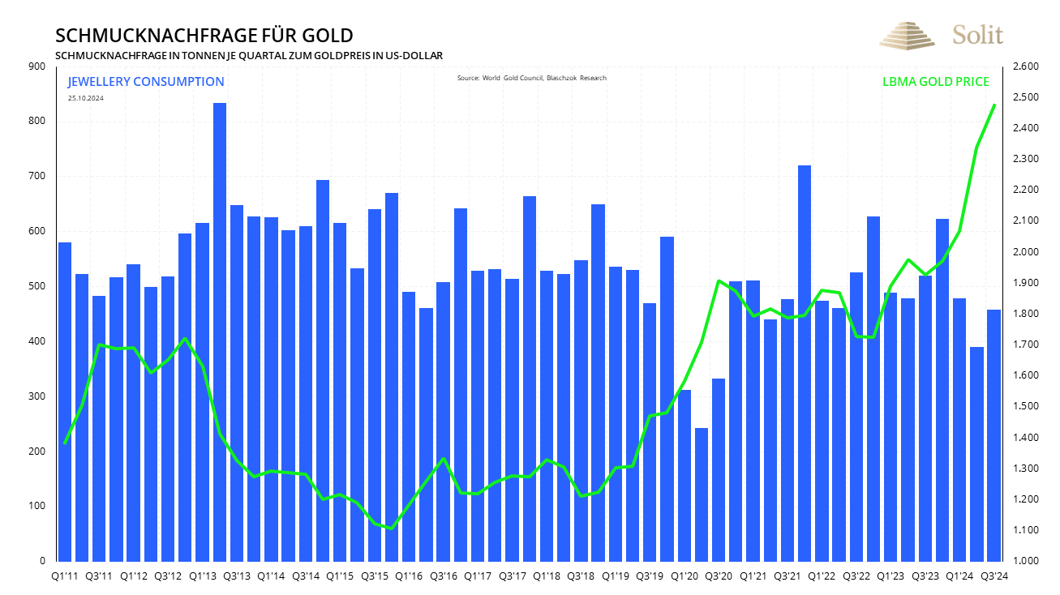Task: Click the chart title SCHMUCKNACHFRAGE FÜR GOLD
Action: click(204, 36)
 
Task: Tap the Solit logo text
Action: click(977, 35)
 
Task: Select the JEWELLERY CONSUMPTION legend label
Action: click(146, 82)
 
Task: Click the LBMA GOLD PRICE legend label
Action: click(935, 82)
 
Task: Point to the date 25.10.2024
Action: click(86, 98)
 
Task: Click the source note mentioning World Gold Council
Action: click(531, 78)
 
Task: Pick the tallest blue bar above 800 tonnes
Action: click(220, 332)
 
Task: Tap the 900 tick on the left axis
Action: click(37, 66)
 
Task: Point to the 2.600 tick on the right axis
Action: click(1028, 66)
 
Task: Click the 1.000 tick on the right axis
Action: click(1028, 561)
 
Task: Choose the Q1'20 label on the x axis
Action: click(684, 576)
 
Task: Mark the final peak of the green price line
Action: click(994, 105)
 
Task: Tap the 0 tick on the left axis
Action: click(42, 561)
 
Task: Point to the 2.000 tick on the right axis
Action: click(1028, 252)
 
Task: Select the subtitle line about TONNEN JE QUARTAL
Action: click(249, 55)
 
